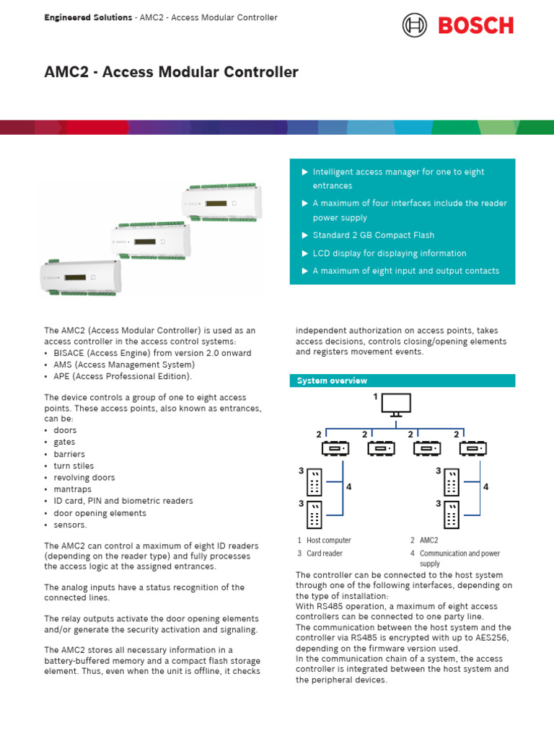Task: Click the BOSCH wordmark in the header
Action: point(475,26)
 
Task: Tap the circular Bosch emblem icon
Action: point(414,26)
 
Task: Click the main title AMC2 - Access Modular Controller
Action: point(172,72)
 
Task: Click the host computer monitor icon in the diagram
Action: point(396,404)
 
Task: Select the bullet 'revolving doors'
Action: point(84,477)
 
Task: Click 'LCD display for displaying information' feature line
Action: point(389,253)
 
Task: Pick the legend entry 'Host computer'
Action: point(328,540)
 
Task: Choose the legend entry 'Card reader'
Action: point(324,553)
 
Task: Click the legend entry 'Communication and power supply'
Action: point(460,558)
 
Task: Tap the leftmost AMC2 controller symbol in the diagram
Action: point(335,448)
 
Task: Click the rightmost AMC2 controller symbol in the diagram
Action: point(472,448)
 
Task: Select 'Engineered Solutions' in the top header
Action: point(88,17)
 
